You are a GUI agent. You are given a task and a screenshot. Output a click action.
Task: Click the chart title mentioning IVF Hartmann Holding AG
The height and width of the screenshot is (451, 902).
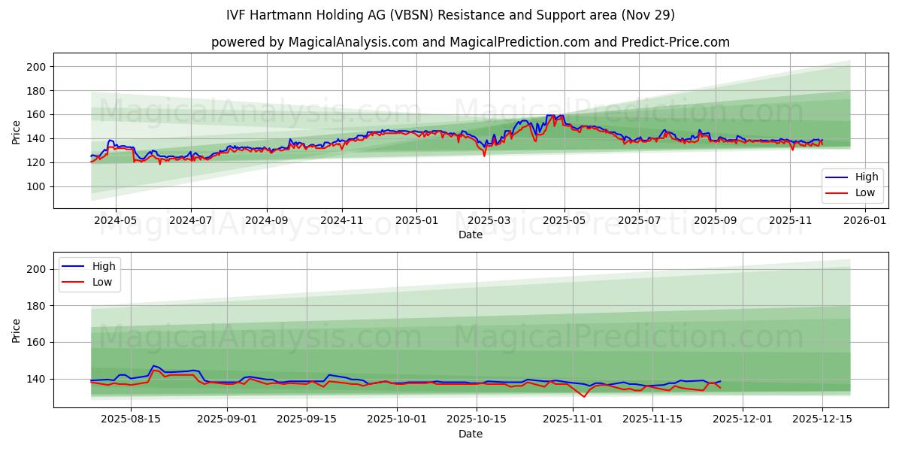450,15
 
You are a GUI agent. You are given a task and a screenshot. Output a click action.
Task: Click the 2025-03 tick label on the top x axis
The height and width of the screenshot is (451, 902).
489,221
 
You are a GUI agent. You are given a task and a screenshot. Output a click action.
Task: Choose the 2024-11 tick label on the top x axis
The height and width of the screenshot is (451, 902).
342,221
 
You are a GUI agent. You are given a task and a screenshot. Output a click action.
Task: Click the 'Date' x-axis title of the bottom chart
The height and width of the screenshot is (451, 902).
470,434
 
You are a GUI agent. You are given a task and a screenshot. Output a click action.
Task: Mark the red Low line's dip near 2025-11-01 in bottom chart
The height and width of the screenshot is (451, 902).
584,396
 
